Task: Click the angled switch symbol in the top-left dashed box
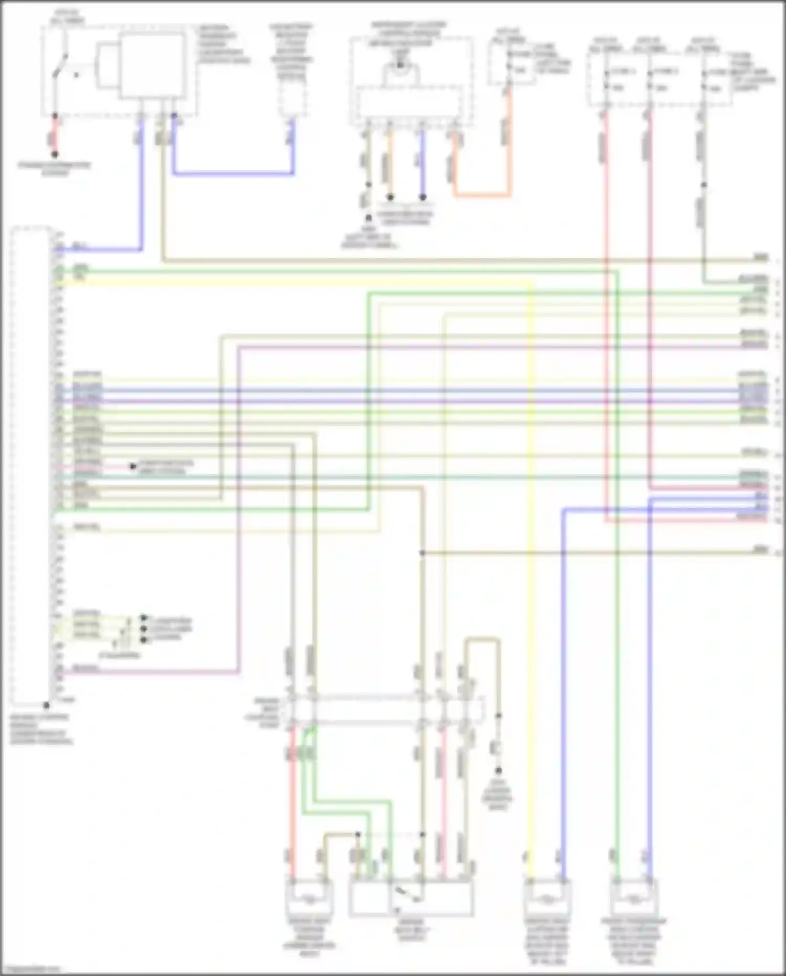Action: pos(60,66)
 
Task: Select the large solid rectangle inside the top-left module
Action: pos(152,66)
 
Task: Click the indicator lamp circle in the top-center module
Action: pos(400,65)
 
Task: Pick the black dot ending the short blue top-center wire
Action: pos(422,197)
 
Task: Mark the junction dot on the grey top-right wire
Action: pos(704,185)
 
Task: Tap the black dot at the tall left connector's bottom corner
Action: pos(47,705)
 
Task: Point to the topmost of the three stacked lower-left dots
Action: pos(144,618)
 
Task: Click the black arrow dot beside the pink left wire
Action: pos(133,466)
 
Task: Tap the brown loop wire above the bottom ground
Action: pos(482,640)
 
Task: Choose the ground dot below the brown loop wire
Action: pos(498,770)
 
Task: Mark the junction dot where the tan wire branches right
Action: pos(422,553)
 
